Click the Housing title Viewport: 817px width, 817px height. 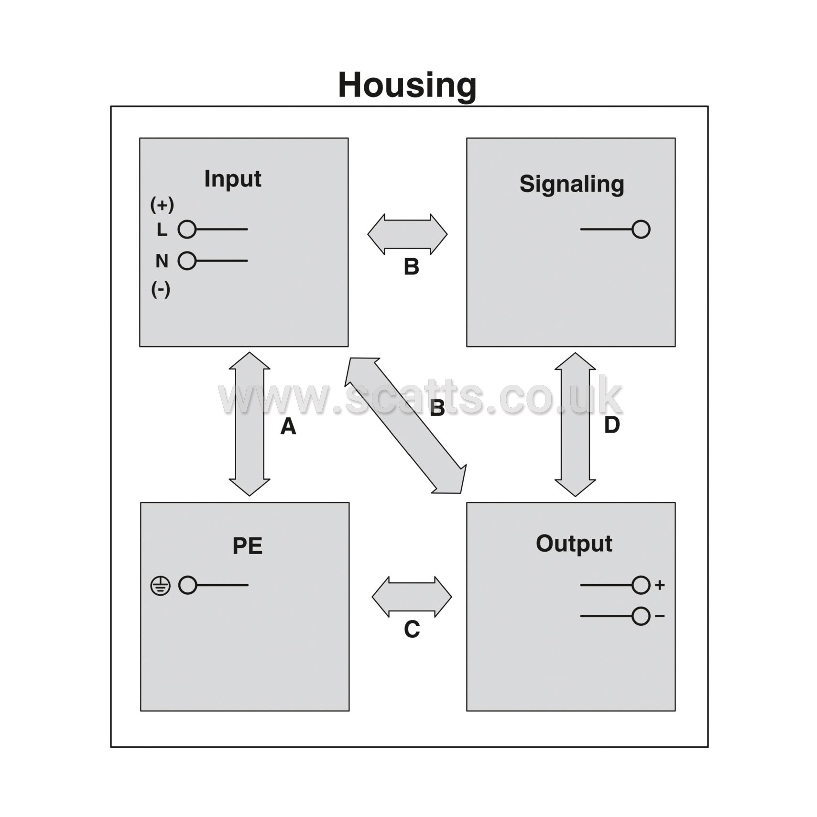[x=407, y=85]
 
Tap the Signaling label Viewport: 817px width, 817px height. [x=572, y=185]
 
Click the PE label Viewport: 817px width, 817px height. [x=247, y=545]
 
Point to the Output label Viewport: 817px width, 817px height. [x=574, y=544]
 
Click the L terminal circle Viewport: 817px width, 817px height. [x=187, y=229]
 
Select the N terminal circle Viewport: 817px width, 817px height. [x=187, y=261]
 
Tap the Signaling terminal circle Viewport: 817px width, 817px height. [x=641, y=229]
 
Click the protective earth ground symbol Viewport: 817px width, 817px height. [x=160, y=586]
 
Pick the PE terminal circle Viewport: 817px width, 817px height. [x=188, y=585]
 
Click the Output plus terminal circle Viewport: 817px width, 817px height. [x=641, y=585]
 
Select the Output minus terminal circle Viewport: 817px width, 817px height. [x=641, y=616]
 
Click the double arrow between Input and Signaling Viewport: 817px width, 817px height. [x=407, y=234]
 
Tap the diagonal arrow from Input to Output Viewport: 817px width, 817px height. [x=405, y=425]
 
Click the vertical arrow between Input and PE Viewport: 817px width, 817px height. [x=250, y=424]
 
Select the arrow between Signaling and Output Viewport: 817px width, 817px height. [x=575, y=425]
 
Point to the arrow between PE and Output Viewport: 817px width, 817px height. [x=412, y=597]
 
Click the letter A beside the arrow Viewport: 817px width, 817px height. [x=288, y=426]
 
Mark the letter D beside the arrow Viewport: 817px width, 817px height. [x=612, y=425]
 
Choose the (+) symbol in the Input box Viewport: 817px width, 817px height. [x=162, y=205]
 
